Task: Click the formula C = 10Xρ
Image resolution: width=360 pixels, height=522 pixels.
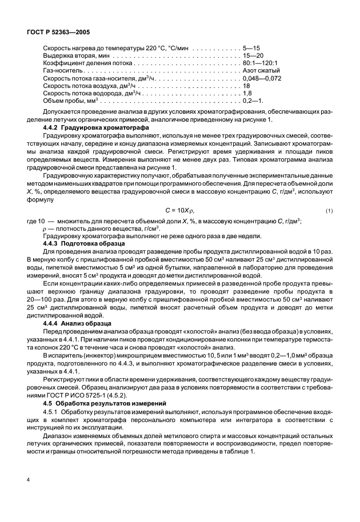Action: [x=180, y=211]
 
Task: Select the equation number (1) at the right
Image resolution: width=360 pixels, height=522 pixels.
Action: [x=329, y=211]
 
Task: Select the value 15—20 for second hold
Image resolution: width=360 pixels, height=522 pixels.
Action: [x=253, y=56]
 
